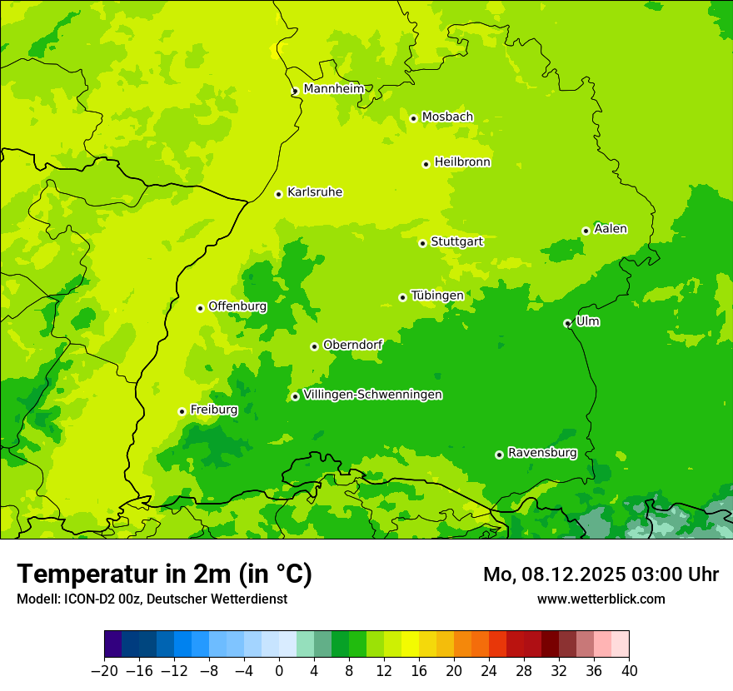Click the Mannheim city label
pyautogui.click(x=333, y=88)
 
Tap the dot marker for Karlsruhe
pyautogui.click(x=279, y=194)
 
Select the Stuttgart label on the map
pyautogui.click(x=456, y=241)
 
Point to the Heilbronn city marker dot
pyautogui.click(x=426, y=164)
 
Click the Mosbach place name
pyautogui.click(x=447, y=117)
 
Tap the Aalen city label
pyautogui.click(x=611, y=229)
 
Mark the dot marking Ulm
pyautogui.click(x=567, y=323)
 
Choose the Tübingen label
pyautogui.click(x=437, y=296)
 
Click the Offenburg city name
pyautogui.click(x=237, y=306)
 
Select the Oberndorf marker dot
pyautogui.click(x=314, y=346)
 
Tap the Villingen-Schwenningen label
pyautogui.click(x=372, y=395)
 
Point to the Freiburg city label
pyautogui.click(x=214, y=410)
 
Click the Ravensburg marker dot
pyautogui.click(x=499, y=455)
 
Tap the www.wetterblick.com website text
pyautogui.click(x=601, y=599)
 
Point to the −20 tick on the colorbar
pyautogui.click(x=104, y=671)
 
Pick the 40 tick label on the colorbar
pyautogui.click(x=629, y=671)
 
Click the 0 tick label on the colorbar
pyautogui.click(x=279, y=671)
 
